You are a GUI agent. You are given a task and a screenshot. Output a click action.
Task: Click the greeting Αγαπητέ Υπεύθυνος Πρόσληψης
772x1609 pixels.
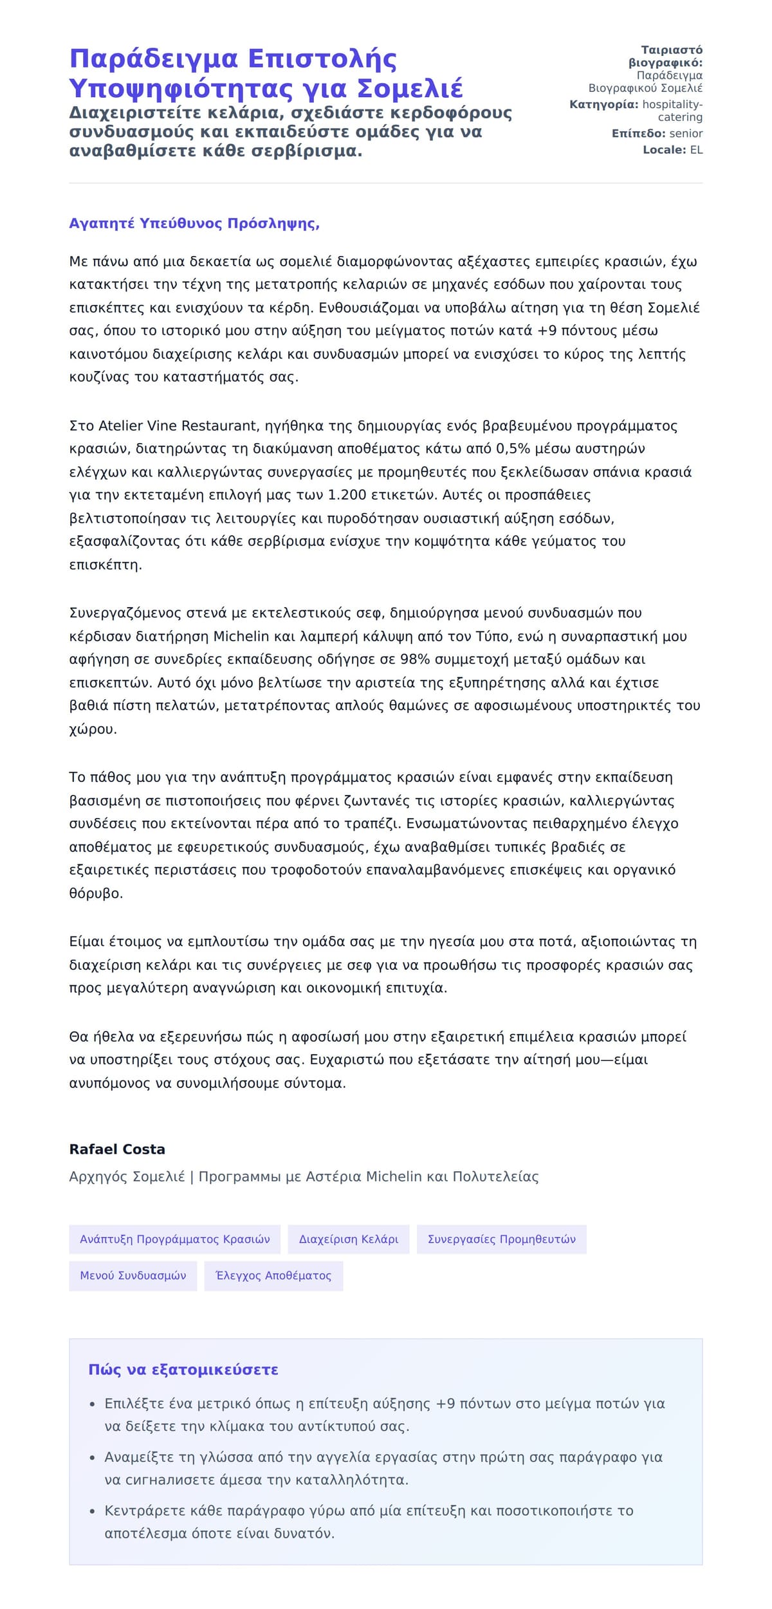tap(194, 224)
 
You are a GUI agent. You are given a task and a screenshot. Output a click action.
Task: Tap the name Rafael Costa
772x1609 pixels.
tap(117, 1149)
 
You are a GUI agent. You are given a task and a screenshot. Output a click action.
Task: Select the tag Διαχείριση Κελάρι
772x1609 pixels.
tap(349, 1239)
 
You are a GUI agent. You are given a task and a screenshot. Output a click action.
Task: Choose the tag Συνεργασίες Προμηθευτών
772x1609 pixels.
tap(501, 1239)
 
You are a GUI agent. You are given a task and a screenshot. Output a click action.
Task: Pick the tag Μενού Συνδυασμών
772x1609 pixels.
tap(133, 1276)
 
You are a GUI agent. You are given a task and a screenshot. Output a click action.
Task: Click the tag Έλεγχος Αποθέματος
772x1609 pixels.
tap(273, 1276)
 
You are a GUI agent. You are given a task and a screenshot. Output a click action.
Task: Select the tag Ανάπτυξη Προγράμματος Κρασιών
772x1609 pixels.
tap(175, 1239)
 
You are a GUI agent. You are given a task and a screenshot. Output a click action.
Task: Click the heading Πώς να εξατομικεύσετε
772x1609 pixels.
tap(183, 1370)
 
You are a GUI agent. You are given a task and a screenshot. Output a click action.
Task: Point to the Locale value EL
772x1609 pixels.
tap(696, 150)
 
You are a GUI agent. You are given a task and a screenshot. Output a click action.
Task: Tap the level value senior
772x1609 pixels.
tap(686, 134)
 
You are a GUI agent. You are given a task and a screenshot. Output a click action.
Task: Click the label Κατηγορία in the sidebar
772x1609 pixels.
tap(603, 105)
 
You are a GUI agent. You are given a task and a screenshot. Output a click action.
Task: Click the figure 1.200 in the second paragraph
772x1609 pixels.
tap(347, 495)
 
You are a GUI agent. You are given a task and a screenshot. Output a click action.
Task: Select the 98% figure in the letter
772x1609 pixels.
tap(415, 659)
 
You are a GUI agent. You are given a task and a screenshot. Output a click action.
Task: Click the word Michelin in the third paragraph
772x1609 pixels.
tap(241, 637)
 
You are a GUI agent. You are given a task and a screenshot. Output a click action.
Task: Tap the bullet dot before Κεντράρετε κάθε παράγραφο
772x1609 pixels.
tap(93, 1511)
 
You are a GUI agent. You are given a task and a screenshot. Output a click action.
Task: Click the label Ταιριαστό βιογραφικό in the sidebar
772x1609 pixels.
tap(666, 57)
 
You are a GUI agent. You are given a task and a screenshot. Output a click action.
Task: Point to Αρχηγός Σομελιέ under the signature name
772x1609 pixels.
tap(127, 1177)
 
